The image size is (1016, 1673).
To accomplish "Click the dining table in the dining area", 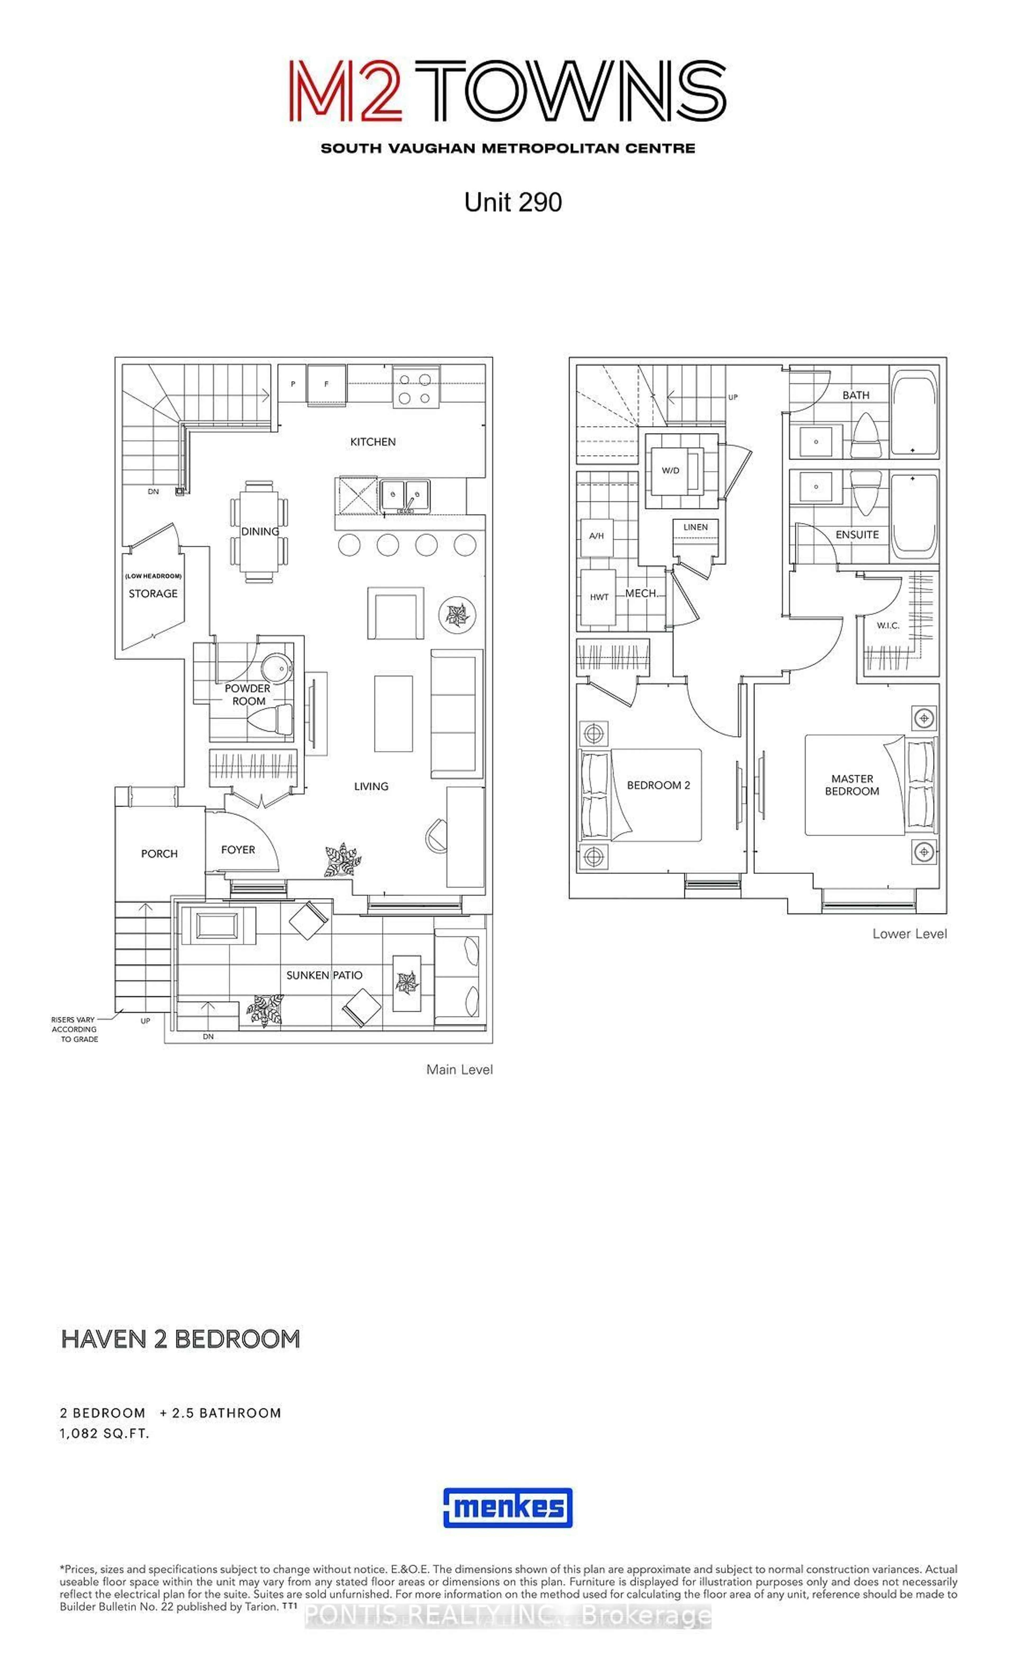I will click(x=259, y=531).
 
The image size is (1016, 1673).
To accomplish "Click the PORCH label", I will click(x=159, y=853).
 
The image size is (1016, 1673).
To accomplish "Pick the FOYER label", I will click(x=238, y=849).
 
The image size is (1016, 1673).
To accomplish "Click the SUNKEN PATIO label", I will click(x=324, y=975).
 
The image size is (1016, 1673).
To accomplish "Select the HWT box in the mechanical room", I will click(x=598, y=597).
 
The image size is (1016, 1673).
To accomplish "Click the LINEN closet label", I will click(x=695, y=527).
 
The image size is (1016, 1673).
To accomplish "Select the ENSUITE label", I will click(x=856, y=534).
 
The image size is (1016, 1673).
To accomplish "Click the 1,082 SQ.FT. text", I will click(x=105, y=1433).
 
